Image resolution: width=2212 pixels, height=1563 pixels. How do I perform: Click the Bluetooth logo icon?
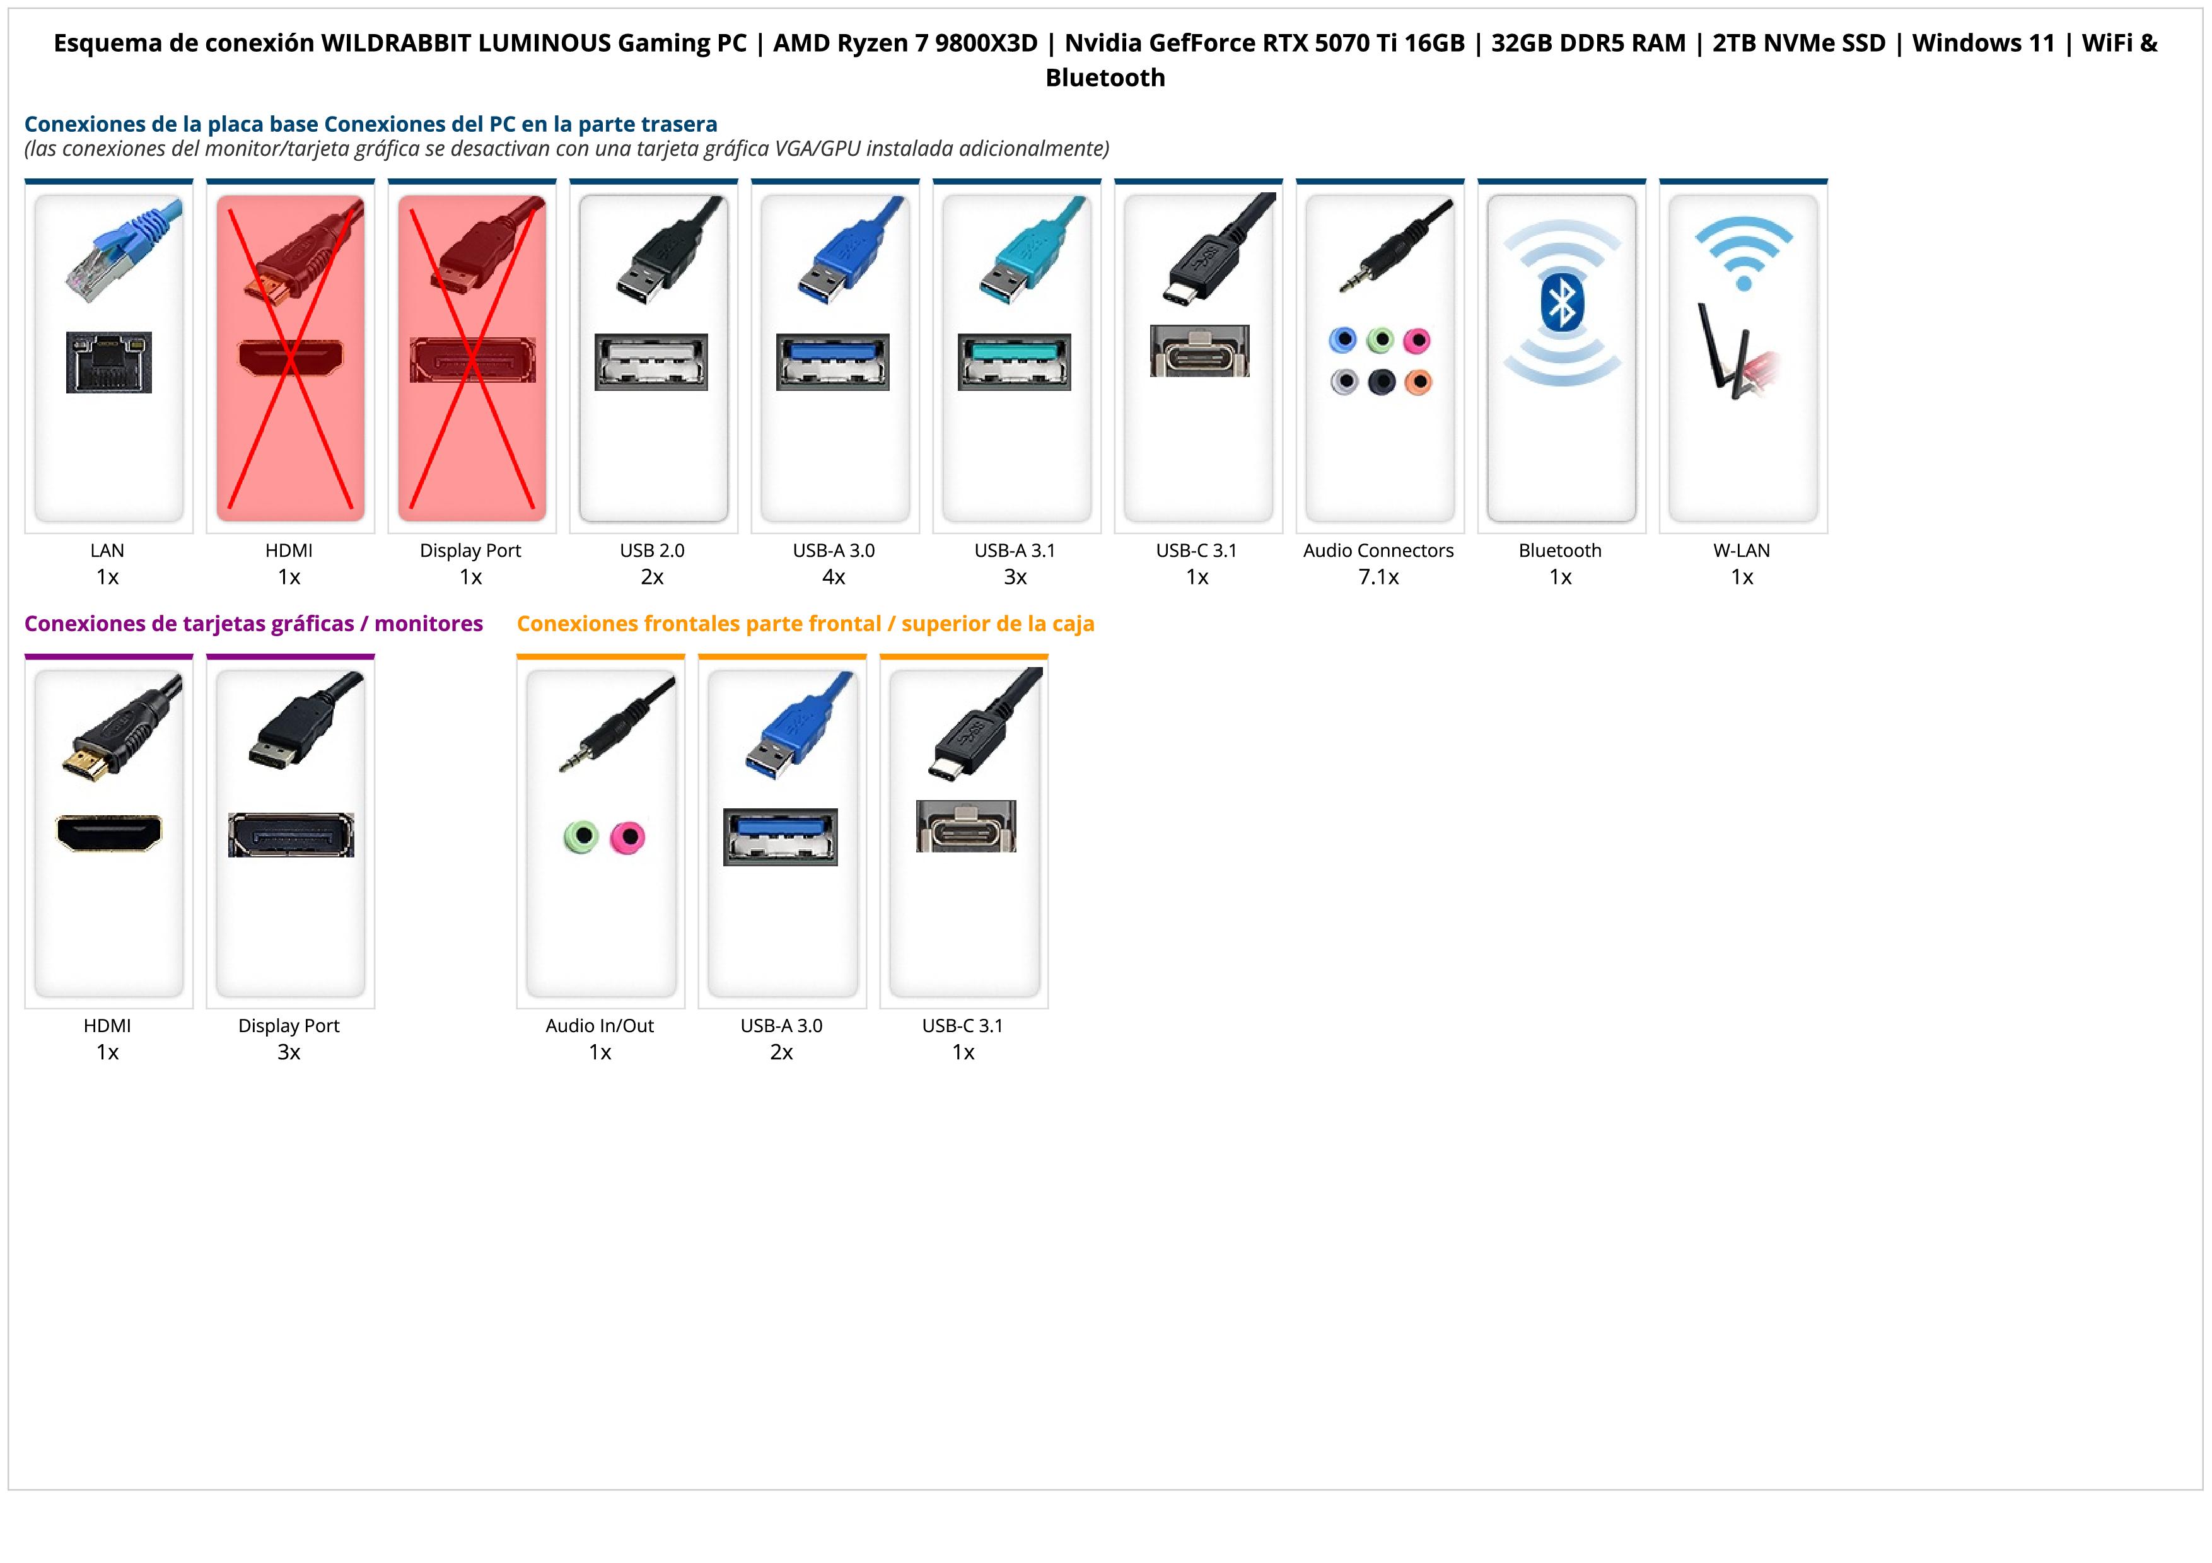coord(1561,305)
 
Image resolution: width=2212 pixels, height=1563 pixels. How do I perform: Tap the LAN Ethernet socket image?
coord(109,362)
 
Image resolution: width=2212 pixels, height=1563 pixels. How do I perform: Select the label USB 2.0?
coord(652,551)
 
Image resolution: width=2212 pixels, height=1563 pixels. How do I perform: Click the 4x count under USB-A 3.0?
coord(834,577)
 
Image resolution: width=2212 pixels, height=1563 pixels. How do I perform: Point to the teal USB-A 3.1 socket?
coord(1015,361)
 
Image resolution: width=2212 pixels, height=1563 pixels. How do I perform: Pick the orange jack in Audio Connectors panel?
coord(1418,382)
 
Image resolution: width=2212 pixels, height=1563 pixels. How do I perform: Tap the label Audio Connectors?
coord(1378,551)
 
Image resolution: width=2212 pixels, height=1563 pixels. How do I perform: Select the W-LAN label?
coord(1741,551)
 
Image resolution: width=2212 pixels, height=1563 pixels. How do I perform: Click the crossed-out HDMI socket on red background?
coord(290,358)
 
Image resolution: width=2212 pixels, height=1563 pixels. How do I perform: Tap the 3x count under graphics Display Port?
coord(289,1052)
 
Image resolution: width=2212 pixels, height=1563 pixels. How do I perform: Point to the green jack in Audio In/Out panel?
coord(581,836)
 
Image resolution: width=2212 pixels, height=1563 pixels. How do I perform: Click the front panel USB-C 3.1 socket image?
coord(965,827)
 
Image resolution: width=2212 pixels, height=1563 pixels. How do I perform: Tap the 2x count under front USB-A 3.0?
coord(781,1052)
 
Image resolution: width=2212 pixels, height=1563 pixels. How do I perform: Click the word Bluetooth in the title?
coord(1105,78)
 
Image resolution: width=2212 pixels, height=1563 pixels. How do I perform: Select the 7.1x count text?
coord(1378,577)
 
